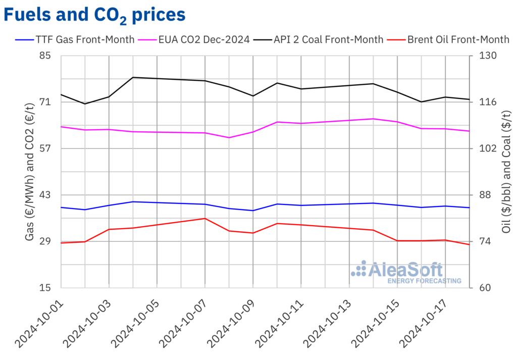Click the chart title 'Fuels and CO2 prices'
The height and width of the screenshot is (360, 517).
[94, 15]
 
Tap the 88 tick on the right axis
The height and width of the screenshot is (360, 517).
[482, 195]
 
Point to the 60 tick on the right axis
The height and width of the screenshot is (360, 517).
[482, 288]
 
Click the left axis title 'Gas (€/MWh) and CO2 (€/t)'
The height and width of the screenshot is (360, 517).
[30, 171]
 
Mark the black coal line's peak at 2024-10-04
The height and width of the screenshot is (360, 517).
[133, 77]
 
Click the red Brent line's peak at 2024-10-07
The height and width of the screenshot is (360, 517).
[205, 218]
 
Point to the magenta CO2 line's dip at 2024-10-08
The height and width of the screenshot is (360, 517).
[229, 137]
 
